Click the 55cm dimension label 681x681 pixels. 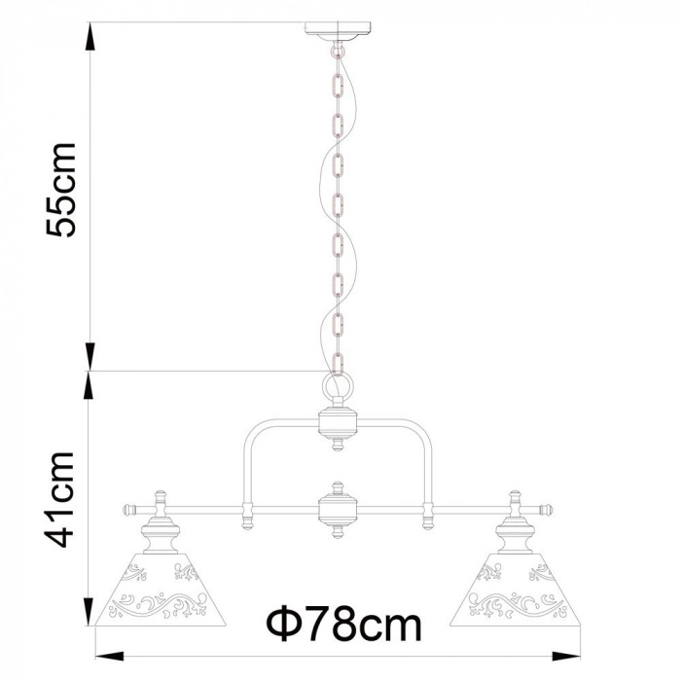61,190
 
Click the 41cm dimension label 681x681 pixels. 60,499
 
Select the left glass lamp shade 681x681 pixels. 160,590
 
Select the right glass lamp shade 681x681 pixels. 515,590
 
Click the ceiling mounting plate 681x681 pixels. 338,31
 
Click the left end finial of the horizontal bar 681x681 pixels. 128,509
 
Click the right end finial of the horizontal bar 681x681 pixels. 547,509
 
